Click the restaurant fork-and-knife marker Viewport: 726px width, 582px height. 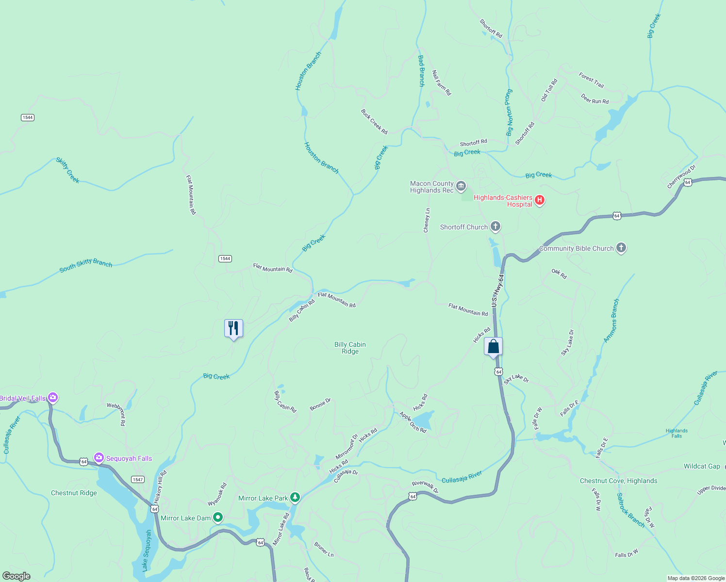point(233,329)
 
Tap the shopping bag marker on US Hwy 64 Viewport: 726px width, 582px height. point(493,347)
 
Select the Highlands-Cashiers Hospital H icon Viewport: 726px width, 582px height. point(540,200)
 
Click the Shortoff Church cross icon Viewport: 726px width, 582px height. point(495,226)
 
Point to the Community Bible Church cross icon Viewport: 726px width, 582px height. point(621,248)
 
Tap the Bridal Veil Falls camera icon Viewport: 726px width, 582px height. point(53,398)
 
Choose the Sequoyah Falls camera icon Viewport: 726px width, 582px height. point(99,458)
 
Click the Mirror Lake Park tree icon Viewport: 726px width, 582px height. point(295,498)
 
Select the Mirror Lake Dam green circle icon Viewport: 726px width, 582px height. point(218,518)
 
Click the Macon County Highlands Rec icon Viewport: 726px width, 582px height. point(461,186)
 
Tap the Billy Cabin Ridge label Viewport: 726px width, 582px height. point(350,348)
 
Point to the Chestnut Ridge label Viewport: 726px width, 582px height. point(74,493)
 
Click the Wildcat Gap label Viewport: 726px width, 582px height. point(702,466)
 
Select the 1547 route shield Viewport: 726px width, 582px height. point(137,479)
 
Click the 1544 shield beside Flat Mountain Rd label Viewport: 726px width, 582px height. point(225,259)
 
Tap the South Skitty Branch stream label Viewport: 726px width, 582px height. point(86,266)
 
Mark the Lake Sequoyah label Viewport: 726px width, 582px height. point(147,550)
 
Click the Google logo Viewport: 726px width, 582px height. point(16,576)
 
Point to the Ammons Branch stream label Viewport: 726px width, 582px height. point(611,321)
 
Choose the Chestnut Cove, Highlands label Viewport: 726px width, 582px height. point(618,481)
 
